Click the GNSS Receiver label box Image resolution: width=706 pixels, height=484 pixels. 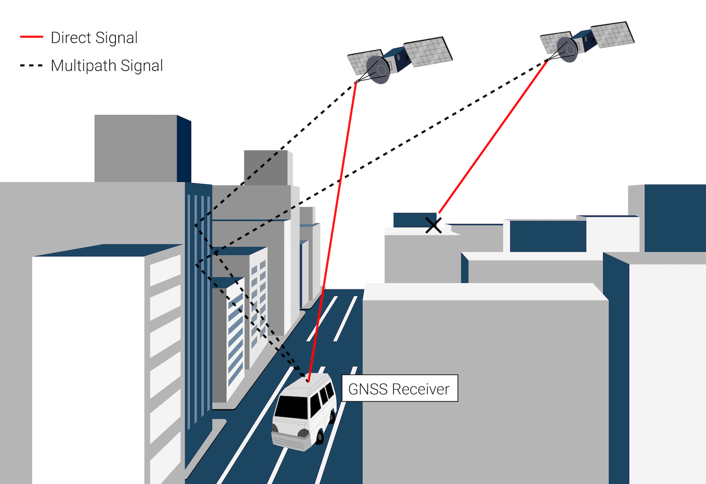pos(399,388)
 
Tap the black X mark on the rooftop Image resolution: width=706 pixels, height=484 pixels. pos(433,225)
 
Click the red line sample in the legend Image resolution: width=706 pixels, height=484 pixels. pos(31,37)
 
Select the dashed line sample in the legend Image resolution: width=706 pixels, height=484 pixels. pos(31,66)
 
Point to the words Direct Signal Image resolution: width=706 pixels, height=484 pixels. pos(94,38)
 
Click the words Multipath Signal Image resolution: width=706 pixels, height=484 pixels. pos(107,66)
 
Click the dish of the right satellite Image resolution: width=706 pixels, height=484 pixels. pos(567,50)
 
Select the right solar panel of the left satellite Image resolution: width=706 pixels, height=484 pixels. pos(428,52)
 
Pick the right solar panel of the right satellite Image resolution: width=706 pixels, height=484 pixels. pos(612,34)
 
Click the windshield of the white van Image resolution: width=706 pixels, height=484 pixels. pos(291,406)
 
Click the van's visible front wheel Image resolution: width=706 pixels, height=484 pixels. pos(320,437)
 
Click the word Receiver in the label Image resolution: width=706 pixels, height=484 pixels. pos(420,389)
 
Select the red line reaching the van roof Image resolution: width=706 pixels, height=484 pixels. pos(332,231)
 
